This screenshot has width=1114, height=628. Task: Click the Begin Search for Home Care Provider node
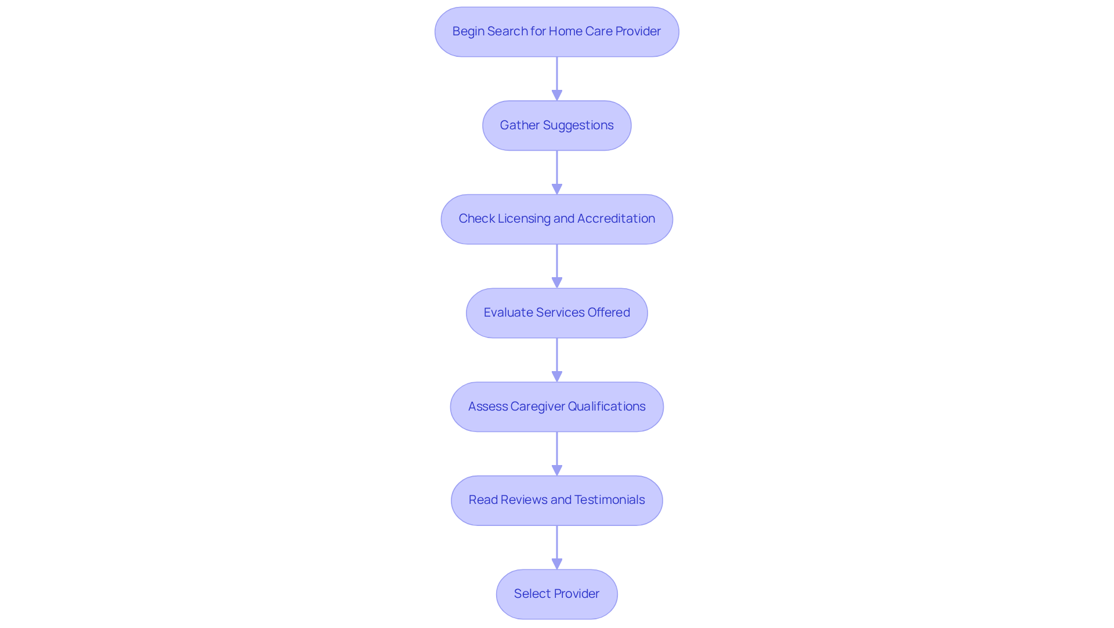556,32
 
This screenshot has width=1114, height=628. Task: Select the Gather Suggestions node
556,125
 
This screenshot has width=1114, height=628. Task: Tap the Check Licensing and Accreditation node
556,219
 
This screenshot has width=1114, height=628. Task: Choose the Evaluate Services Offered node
556,313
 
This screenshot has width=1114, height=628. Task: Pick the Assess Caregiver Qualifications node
556,406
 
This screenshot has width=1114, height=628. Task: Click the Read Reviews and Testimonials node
556,500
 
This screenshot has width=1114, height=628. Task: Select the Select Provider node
556,594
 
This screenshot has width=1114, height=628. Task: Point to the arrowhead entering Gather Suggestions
557,95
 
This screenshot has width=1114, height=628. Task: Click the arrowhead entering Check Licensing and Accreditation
557,189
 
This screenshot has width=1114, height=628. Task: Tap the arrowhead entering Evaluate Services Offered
557,282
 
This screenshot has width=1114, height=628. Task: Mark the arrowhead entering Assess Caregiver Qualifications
557,376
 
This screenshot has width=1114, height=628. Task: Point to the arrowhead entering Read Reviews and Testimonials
557,470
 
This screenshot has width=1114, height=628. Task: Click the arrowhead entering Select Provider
557,564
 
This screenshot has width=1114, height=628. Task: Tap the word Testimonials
609,500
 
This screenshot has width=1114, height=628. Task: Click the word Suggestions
578,125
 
